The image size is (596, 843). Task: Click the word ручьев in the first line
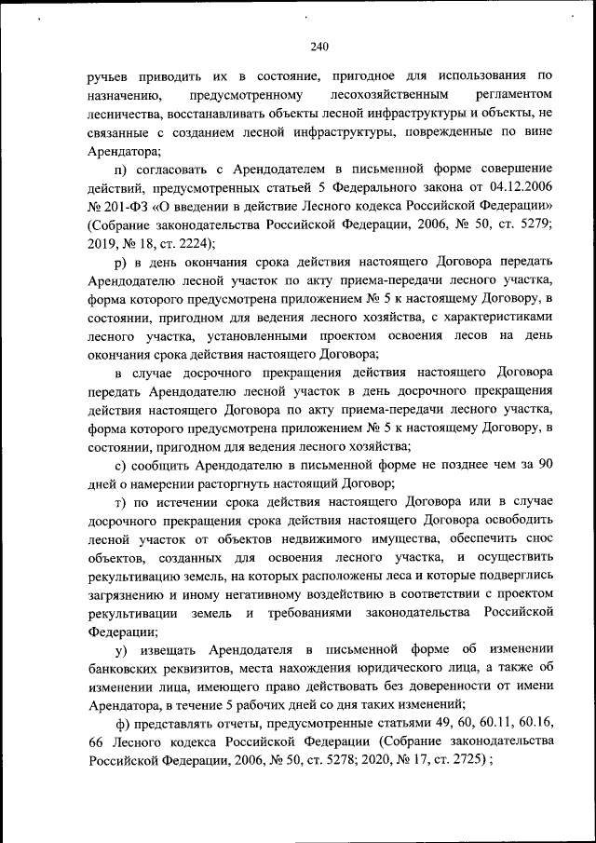pyautogui.click(x=111, y=76)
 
